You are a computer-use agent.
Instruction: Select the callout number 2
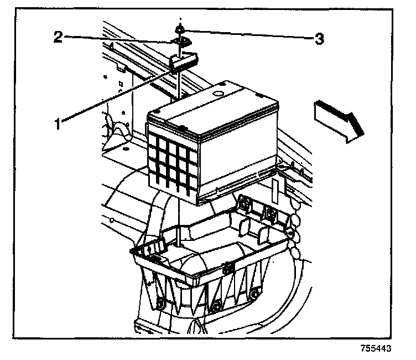tap(57, 38)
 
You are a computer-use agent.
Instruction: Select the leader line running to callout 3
tap(249, 34)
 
